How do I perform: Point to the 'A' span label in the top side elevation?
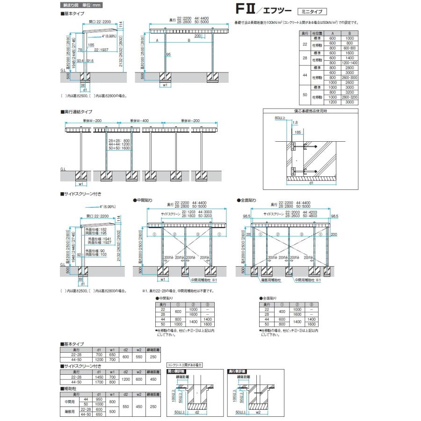[x=157, y=41]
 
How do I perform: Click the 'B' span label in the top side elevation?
[x=189, y=41]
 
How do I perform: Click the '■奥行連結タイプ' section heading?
[x=77, y=112]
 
